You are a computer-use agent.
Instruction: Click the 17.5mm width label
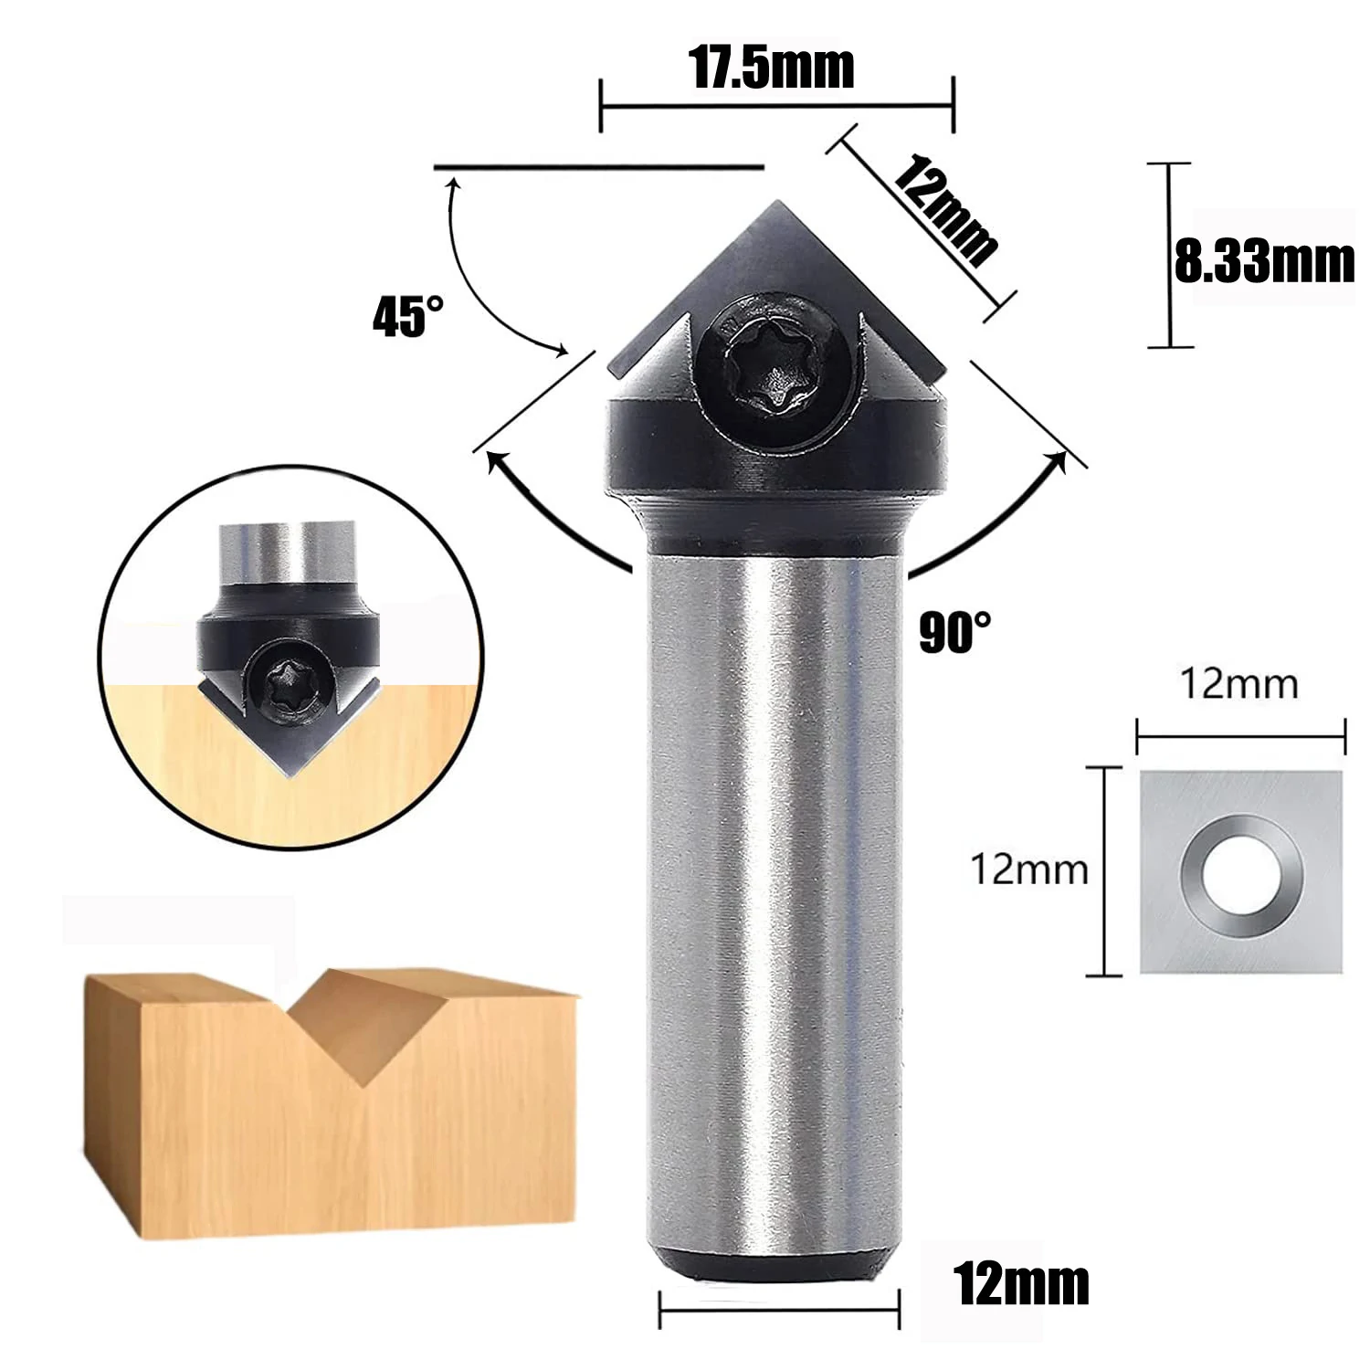click(x=773, y=68)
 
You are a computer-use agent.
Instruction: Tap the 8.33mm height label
click(x=1265, y=263)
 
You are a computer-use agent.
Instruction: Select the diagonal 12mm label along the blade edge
click(x=944, y=211)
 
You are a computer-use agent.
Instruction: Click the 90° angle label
click(x=954, y=631)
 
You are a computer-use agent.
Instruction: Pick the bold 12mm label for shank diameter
click(x=1021, y=1285)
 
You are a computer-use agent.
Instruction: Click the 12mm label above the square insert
click(x=1239, y=683)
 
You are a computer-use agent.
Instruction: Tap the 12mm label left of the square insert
click(x=1029, y=869)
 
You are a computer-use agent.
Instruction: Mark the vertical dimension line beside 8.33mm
click(x=1170, y=256)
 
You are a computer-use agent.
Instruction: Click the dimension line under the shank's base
click(x=779, y=1312)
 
